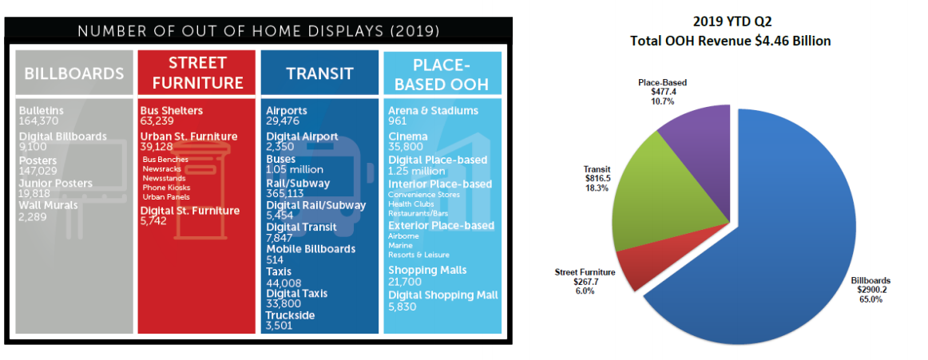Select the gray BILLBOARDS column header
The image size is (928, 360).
[74, 73]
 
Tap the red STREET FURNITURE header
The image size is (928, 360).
[196, 72]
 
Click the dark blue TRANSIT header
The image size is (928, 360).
[319, 73]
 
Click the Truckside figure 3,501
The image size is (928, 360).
[281, 326]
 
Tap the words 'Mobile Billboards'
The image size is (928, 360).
[311, 248]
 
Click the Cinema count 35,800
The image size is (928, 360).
[406, 147]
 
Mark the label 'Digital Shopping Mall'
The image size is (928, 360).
[442, 295]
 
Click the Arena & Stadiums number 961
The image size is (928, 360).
[397, 121]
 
